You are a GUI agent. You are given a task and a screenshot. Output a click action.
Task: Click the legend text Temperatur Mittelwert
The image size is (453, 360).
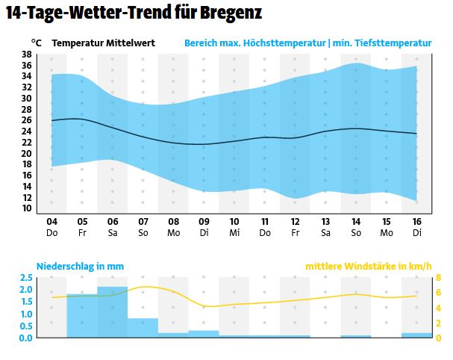click(104, 43)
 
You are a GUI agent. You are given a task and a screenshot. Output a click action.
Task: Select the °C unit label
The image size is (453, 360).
click(37, 43)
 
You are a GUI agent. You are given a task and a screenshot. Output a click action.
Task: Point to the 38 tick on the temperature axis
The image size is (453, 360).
click(26, 55)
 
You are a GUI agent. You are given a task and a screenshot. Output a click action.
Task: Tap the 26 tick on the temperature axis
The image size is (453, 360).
click(26, 120)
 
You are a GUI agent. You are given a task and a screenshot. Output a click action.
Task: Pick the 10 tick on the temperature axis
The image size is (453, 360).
click(26, 208)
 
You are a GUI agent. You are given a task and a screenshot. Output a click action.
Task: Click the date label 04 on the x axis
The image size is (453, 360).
click(51, 222)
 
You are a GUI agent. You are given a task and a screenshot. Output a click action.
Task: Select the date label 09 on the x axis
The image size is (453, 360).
click(204, 222)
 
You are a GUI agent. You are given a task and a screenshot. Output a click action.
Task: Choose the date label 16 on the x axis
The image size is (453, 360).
click(416, 222)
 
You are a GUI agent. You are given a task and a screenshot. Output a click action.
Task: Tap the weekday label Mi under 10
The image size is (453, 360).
click(234, 232)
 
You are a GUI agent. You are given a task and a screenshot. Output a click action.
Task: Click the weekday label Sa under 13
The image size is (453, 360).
click(325, 232)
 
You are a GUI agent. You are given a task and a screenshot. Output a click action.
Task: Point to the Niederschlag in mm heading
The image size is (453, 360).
click(80, 266)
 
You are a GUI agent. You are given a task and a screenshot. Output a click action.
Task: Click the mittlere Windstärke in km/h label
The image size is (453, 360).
click(368, 266)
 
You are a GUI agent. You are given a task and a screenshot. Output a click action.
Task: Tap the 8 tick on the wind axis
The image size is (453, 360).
click(439, 278)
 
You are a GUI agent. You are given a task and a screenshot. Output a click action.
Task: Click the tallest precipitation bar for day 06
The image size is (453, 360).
click(113, 312)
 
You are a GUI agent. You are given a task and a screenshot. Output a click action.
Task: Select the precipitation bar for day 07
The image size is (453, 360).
click(143, 328)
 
